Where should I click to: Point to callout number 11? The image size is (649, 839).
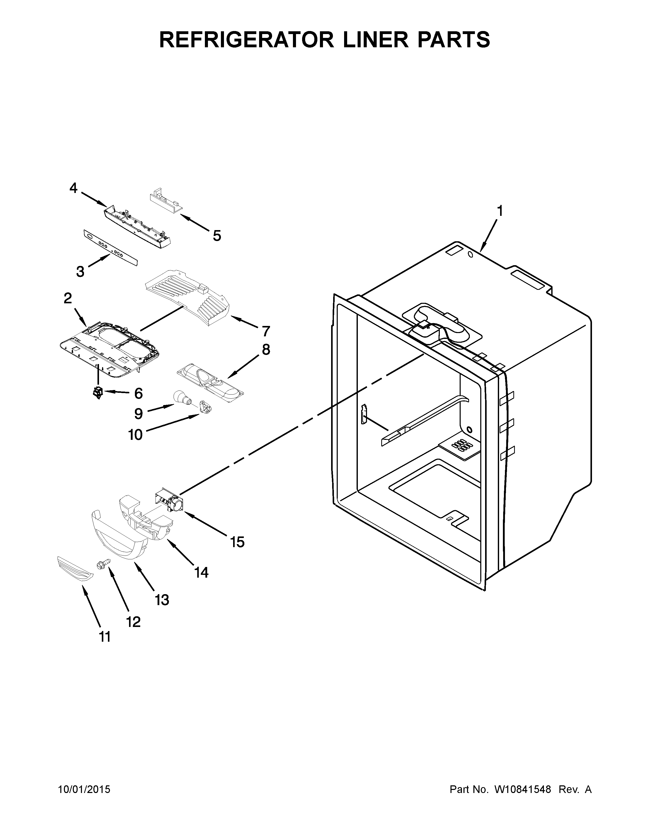[105, 637]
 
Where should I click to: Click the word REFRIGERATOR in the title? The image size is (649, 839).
[246, 40]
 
